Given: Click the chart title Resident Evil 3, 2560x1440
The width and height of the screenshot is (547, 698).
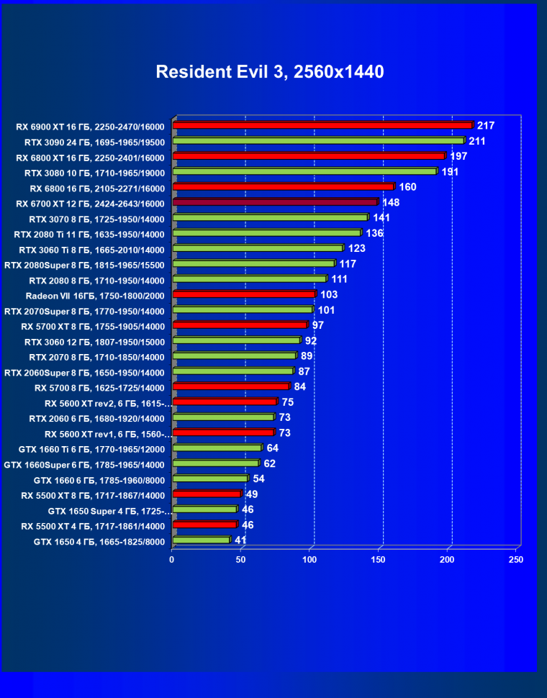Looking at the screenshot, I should click(x=269, y=72).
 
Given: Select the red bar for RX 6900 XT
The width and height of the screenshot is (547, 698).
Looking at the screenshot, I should click(x=322, y=126).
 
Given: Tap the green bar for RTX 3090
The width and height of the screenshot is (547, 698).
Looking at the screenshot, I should click(x=318, y=141).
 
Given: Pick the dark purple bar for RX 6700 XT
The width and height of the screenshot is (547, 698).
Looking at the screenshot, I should click(x=275, y=202).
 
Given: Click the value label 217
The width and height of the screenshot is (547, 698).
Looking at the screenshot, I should click(x=485, y=125).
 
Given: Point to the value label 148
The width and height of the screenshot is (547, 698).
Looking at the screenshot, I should click(x=391, y=202).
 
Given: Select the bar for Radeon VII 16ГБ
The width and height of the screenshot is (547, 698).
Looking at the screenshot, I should click(x=244, y=294).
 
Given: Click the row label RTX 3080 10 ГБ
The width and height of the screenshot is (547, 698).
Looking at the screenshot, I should click(x=94, y=173).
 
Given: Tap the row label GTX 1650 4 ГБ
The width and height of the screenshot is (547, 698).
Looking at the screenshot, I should click(x=99, y=542).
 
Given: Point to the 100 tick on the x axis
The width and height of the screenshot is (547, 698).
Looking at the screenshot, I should click(x=310, y=559).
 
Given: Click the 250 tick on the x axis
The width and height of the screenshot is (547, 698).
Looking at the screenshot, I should click(x=516, y=559).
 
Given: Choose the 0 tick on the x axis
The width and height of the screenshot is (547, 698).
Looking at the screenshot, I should click(x=172, y=559).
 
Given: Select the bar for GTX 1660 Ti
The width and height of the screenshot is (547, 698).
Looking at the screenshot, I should click(x=217, y=448).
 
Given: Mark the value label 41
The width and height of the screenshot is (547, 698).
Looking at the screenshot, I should click(x=241, y=540).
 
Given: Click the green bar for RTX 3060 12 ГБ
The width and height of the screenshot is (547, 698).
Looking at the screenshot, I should click(x=236, y=340).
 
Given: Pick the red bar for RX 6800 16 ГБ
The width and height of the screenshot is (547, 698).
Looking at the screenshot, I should click(x=283, y=187).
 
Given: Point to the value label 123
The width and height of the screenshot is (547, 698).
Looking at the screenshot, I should click(x=357, y=248).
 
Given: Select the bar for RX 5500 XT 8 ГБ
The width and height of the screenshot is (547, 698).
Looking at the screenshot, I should click(x=207, y=494).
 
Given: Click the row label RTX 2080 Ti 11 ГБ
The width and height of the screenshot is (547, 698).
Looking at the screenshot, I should click(x=89, y=234).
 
